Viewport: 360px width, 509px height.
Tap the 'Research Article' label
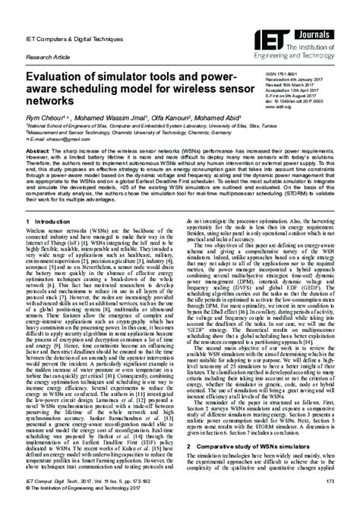(x=45, y=55)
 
